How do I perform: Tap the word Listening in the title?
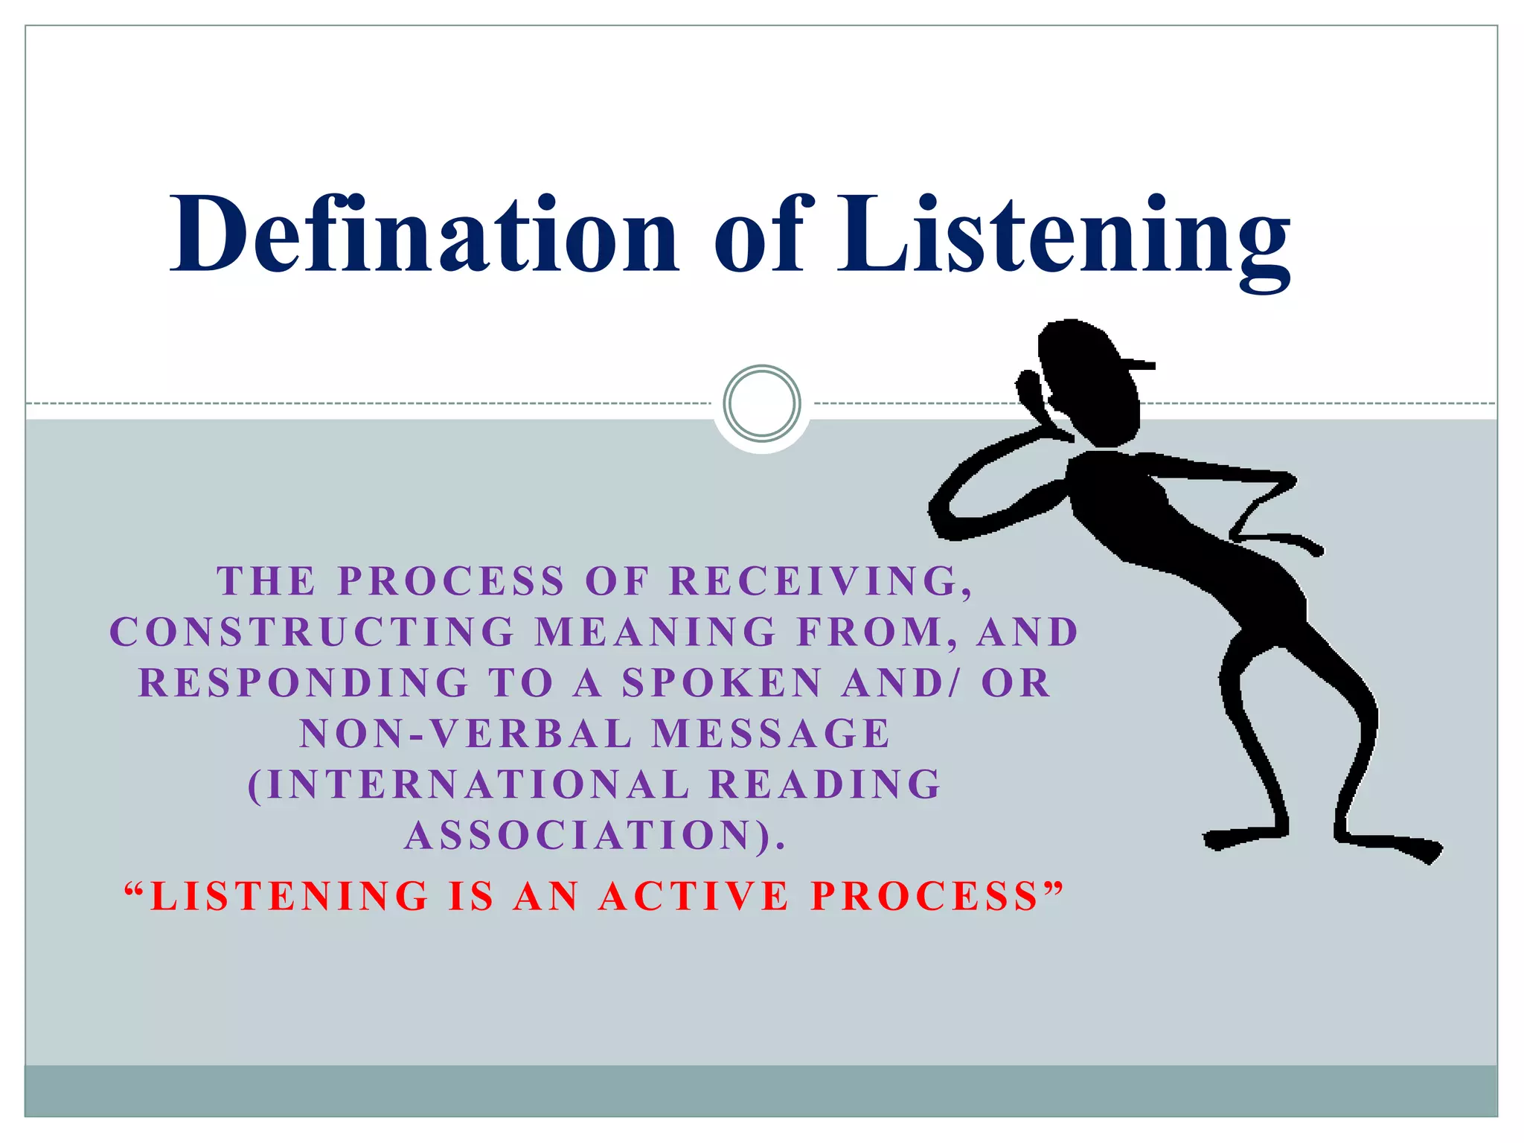pyautogui.click(x=1064, y=238)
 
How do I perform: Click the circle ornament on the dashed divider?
pyautogui.click(x=762, y=403)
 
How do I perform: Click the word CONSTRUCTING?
pyautogui.click(x=313, y=632)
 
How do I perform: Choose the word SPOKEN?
pyautogui.click(x=721, y=682)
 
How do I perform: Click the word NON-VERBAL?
pyautogui.click(x=466, y=733)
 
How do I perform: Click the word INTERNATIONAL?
pyautogui.click(x=469, y=784)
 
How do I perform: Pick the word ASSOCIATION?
pyautogui.click(x=588, y=834)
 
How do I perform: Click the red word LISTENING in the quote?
pyautogui.click(x=290, y=895)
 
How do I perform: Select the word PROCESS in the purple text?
pyautogui.click(x=451, y=581)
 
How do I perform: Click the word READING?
pyautogui.click(x=826, y=784)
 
